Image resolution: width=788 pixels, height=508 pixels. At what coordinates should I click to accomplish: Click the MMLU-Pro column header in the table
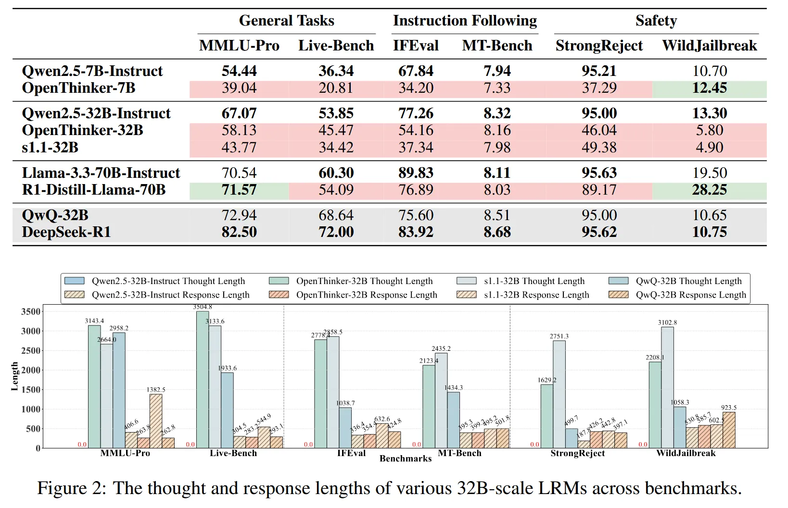coord(239,46)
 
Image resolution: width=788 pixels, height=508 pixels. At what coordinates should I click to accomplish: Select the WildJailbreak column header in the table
coord(709,46)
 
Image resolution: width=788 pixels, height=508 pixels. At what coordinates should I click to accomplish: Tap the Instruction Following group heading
coord(465,21)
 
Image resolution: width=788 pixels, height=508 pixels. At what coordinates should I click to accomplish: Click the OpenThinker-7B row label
coord(78,88)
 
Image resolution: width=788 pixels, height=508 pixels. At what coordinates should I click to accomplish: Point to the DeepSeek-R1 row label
coord(66,232)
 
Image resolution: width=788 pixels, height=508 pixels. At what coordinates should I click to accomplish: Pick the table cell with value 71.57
coord(239,190)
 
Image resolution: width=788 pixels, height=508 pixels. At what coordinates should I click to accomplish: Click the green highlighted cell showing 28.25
coord(709,190)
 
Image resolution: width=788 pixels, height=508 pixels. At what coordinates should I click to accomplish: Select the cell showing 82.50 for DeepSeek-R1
coord(239,232)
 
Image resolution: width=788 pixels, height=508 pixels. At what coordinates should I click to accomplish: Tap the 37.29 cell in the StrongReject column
coord(598,88)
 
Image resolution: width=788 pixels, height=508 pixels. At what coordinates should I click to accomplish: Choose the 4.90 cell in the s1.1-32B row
coord(709,148)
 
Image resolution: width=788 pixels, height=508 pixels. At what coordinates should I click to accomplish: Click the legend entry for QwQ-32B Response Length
coord(690,295)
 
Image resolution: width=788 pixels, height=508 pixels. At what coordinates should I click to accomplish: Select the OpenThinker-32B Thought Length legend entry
coord(364,281)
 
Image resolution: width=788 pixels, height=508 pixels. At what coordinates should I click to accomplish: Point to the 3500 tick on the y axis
coord(31,312)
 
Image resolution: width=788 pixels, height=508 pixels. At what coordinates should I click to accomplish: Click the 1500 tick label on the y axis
coord(31,390)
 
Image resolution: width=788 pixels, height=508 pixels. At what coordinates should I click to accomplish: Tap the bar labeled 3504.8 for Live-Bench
coord(203,380)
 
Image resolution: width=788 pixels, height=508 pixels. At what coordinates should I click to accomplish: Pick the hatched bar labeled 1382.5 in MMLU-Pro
coord(156,421)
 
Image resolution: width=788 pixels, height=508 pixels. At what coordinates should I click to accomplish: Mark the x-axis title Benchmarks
coord(406,459)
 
